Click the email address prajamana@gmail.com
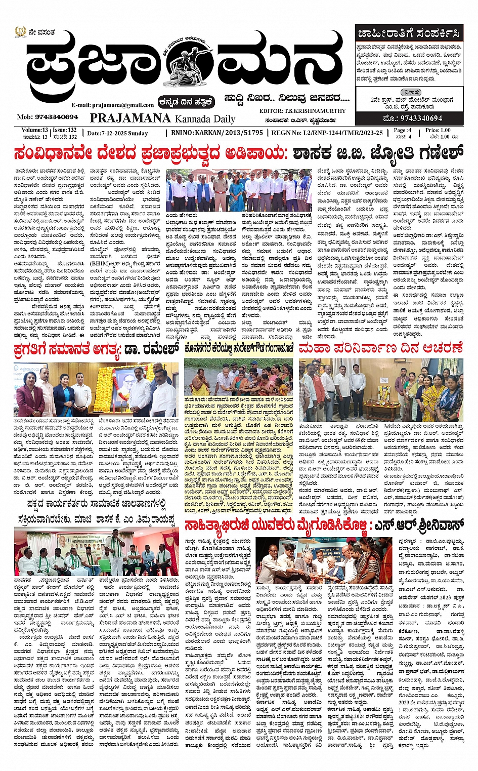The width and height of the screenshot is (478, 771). tap(112, 105)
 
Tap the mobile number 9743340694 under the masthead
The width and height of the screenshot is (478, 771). tap(48, 117)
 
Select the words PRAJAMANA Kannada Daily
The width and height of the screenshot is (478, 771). tap(162, 118)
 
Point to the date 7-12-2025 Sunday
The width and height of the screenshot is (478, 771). tap(117, 133)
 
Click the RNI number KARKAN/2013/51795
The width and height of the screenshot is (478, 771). tap(217, 133)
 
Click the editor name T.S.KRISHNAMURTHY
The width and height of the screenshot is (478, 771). tap(302, 111)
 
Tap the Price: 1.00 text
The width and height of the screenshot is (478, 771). tap(438, 130)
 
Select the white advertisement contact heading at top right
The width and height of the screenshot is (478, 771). tap(409, 34)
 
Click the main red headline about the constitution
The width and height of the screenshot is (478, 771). tap(239, 152)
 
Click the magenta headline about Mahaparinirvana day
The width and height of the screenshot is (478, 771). tap(380, 348)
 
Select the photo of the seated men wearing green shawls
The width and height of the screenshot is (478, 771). tap(96, 552)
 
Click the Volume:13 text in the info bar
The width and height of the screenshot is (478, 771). tap(34, 130)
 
